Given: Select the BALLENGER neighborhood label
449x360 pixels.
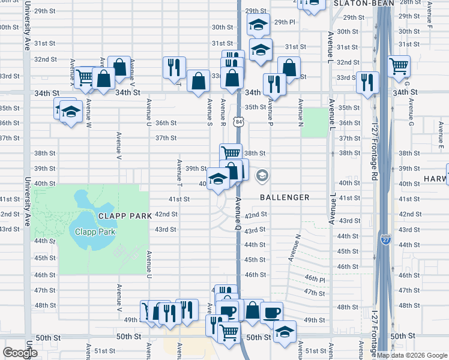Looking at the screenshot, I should click(x=285, y=197).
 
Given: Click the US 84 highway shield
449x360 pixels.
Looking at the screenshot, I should click(x=240, y=122).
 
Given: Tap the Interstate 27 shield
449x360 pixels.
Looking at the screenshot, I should click(x=385, y=239).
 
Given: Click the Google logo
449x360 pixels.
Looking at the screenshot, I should click(x=20, y=353).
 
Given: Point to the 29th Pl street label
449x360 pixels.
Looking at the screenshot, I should click(x=285, y=22).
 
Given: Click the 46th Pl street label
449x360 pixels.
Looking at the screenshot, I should click(x=315, y=279).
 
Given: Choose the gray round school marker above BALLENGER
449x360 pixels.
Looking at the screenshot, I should click(x=262, y=176).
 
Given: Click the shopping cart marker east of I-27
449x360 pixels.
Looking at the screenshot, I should click(x=399, y=66).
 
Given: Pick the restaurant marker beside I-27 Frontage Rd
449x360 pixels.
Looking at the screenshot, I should click(x=367, y=82).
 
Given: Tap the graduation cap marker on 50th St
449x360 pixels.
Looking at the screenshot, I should click(x=285, y=331).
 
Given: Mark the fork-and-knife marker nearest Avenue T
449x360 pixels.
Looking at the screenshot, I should click(x=174, y=67).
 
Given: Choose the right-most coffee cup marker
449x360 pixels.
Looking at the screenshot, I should click(x=271, y=312).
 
